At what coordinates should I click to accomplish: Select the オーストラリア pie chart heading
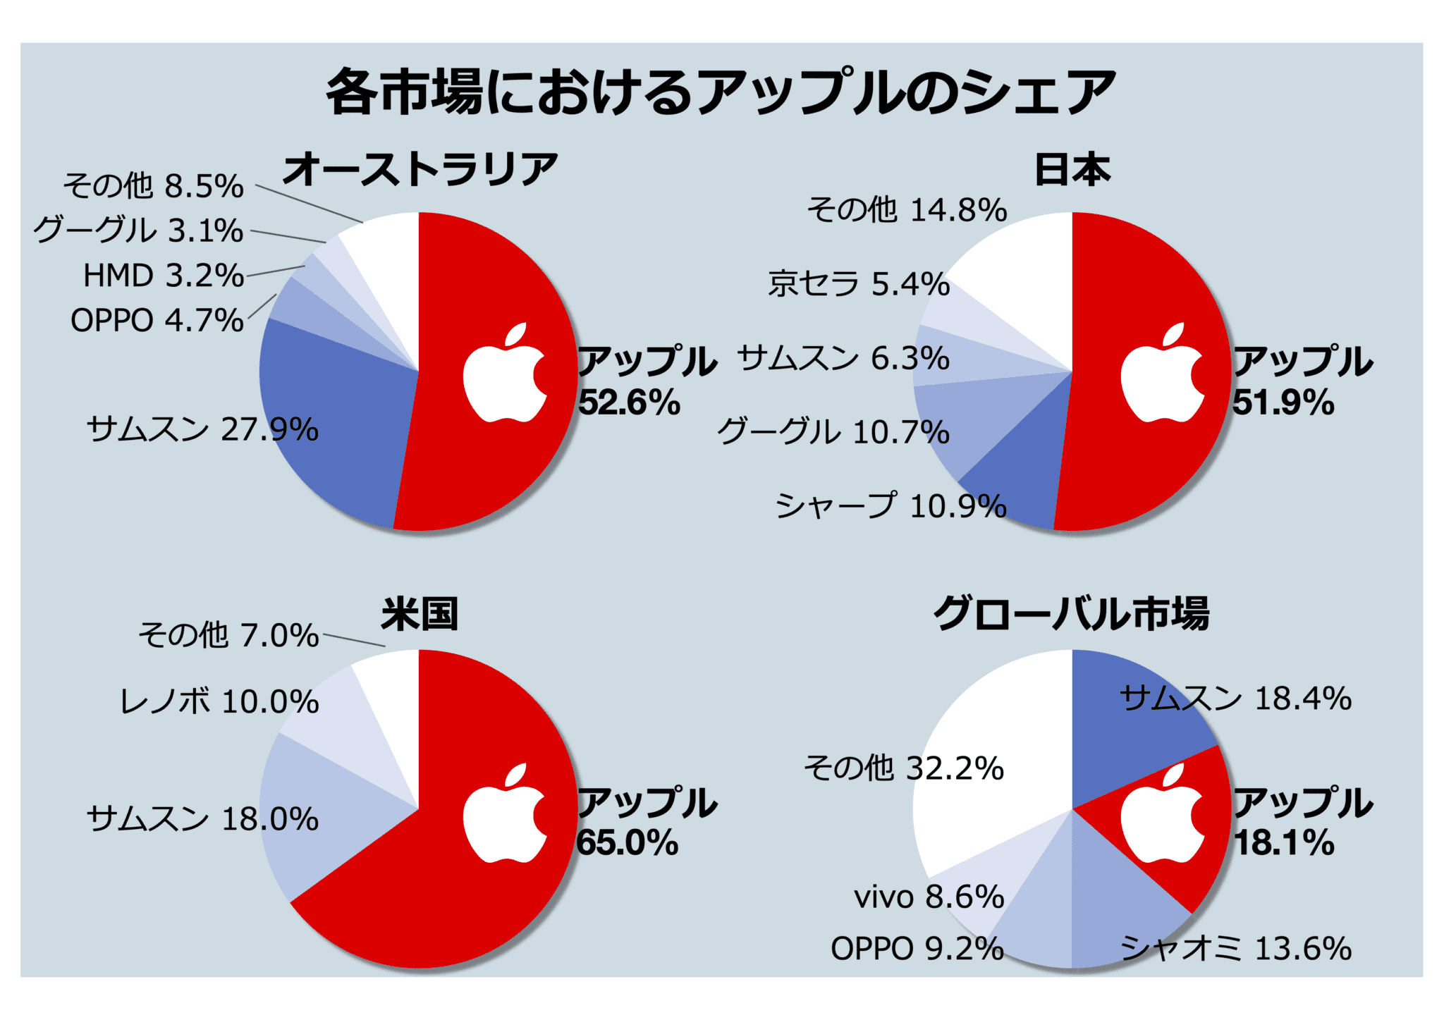420,170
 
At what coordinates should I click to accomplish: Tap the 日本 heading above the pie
1072,170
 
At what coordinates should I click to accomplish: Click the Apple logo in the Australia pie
505,374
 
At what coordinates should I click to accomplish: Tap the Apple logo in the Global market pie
1162,815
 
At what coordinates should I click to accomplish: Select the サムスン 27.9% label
202,429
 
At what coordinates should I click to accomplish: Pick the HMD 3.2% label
164,276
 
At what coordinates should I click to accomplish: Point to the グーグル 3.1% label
138,231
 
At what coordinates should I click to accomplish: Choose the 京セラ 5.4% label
859,284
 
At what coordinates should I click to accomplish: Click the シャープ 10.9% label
891,506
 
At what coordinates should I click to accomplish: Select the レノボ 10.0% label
219,701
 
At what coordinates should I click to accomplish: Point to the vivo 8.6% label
929,897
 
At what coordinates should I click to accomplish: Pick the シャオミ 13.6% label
1235,948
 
